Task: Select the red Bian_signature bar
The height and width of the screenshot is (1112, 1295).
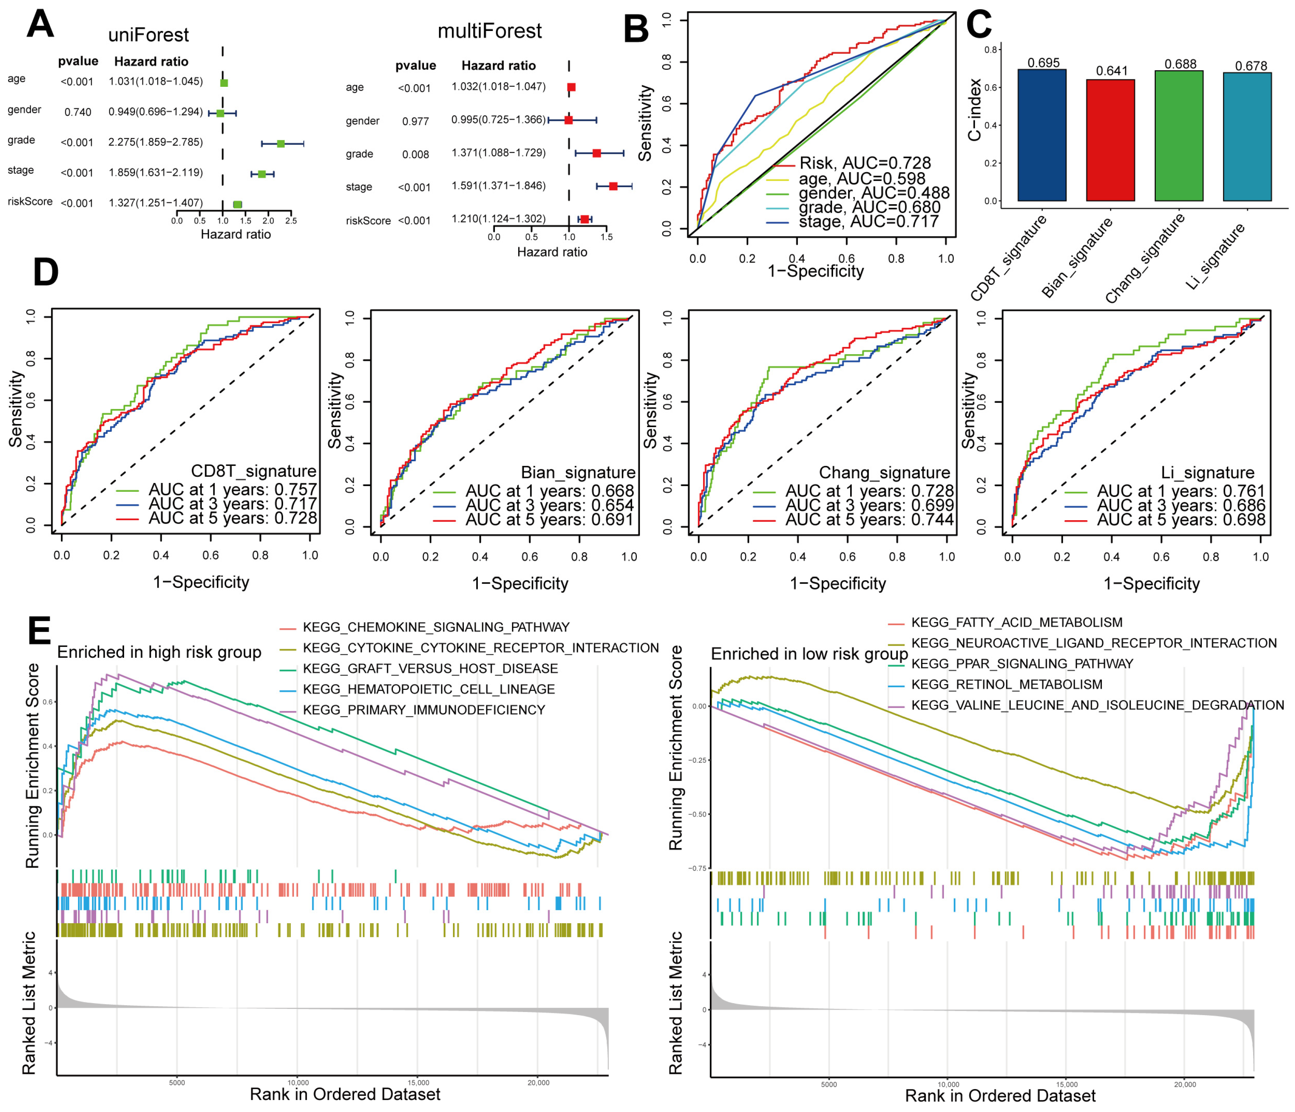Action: tap(1110, 140)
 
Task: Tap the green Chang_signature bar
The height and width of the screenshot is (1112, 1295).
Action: tap(1179, 136)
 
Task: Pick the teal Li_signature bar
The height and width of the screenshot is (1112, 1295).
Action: tap(1247, 137)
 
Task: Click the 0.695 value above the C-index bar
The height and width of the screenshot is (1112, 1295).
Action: tap(1043, 62)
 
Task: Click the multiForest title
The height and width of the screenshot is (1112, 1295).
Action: tap(489, 31)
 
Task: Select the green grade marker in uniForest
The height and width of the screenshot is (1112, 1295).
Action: tap(281, 144)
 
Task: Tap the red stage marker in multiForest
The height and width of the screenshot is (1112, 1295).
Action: tap(613, 186)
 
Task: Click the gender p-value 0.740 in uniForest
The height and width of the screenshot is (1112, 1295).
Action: tap(78, 112)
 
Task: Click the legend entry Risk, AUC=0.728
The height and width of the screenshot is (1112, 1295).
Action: tap(865, 163)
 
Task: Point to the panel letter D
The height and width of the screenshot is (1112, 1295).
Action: tap(46, 272)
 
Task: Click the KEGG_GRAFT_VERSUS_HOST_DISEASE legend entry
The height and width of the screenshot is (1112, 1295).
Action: tap(430, 669)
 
